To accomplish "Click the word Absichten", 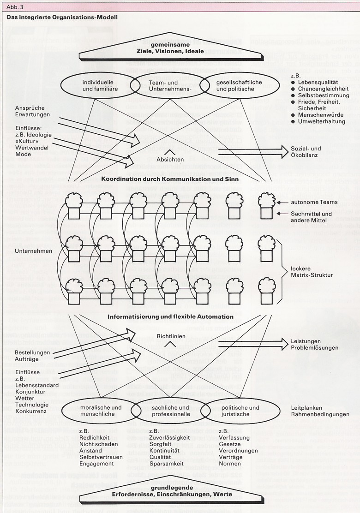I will point(170,160).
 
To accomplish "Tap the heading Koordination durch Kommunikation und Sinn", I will point(173,179).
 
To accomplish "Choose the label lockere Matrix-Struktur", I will point(312,271).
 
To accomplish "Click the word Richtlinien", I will point(171,336).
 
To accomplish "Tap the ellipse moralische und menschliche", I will point(97,411).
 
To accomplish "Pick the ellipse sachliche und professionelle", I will point(167,411).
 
